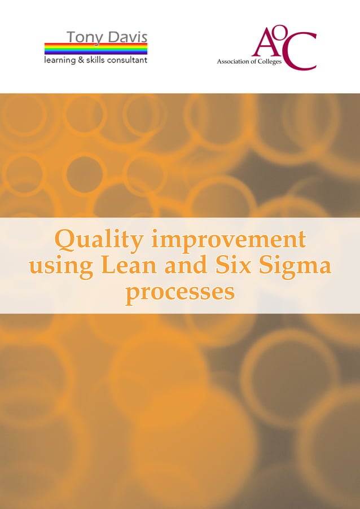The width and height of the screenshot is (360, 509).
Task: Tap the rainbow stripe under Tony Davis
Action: pyautogui.click(x=96, y=49)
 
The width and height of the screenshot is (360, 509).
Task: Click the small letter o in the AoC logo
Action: pyautogui.click(x=278, y=35)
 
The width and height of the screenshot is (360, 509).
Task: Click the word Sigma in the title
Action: pyautogui.click(x=296, y=266)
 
